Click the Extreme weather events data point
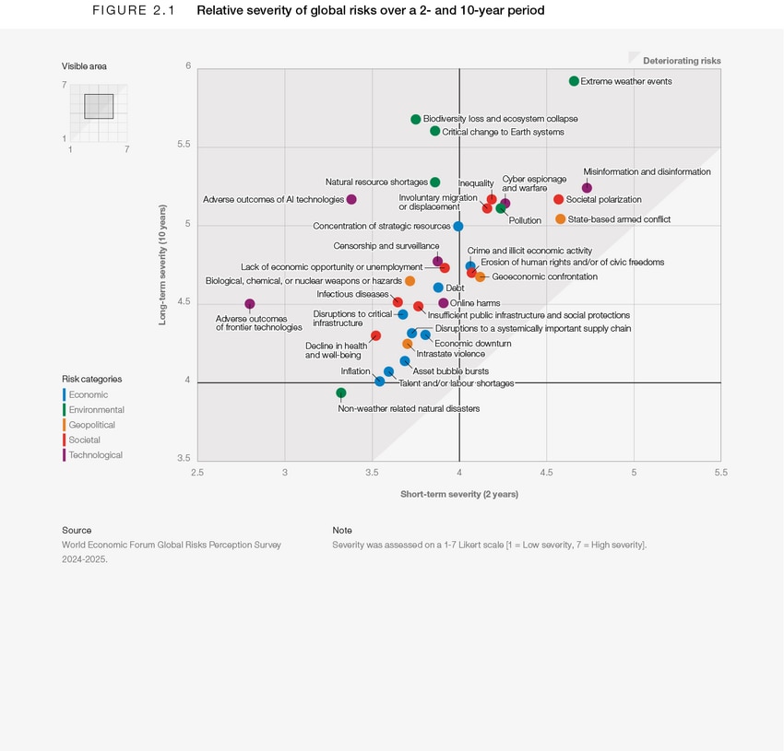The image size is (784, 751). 574,81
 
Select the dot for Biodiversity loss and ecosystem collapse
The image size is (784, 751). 416,119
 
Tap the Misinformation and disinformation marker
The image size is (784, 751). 587,188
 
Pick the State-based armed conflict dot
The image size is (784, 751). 561,219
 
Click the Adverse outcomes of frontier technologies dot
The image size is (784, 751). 250,304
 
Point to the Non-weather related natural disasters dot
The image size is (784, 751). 341,393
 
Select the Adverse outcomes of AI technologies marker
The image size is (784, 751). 351,199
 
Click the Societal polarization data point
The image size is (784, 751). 558,199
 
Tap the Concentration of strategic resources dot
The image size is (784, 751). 458,226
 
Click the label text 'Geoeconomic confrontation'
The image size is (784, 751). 544,276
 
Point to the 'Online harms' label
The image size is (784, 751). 475,303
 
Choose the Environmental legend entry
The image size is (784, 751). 96,410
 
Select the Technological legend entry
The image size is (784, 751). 95,455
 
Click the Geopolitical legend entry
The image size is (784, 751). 91,425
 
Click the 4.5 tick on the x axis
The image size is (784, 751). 547,473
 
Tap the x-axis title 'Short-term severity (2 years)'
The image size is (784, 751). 458,494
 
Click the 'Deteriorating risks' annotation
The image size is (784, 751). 682,61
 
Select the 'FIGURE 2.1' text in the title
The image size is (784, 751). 134,11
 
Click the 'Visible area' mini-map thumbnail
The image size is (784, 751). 98,107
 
